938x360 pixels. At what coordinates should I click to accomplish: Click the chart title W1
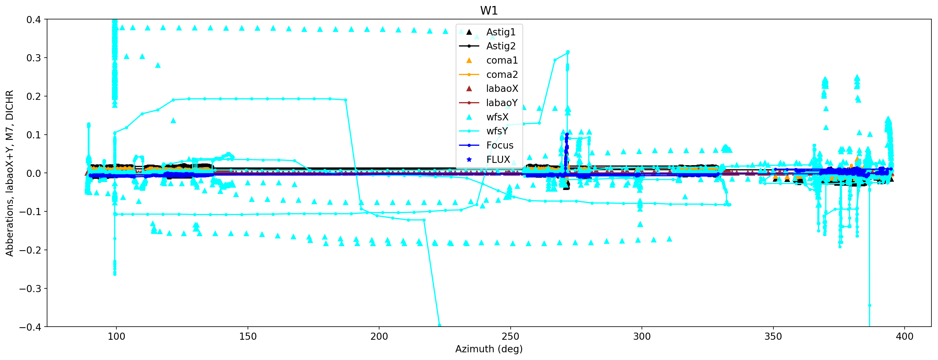(x=489, y=11)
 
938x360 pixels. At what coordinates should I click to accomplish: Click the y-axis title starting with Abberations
(x=9, y=173)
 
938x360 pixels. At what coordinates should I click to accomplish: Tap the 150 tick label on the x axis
(x=248, y=337)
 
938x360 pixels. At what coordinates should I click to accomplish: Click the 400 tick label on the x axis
(x=905, y=337)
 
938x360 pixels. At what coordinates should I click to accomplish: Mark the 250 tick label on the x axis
(x=511, y=337)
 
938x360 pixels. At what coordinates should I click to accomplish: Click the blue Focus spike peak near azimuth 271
(x=567, y=135)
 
